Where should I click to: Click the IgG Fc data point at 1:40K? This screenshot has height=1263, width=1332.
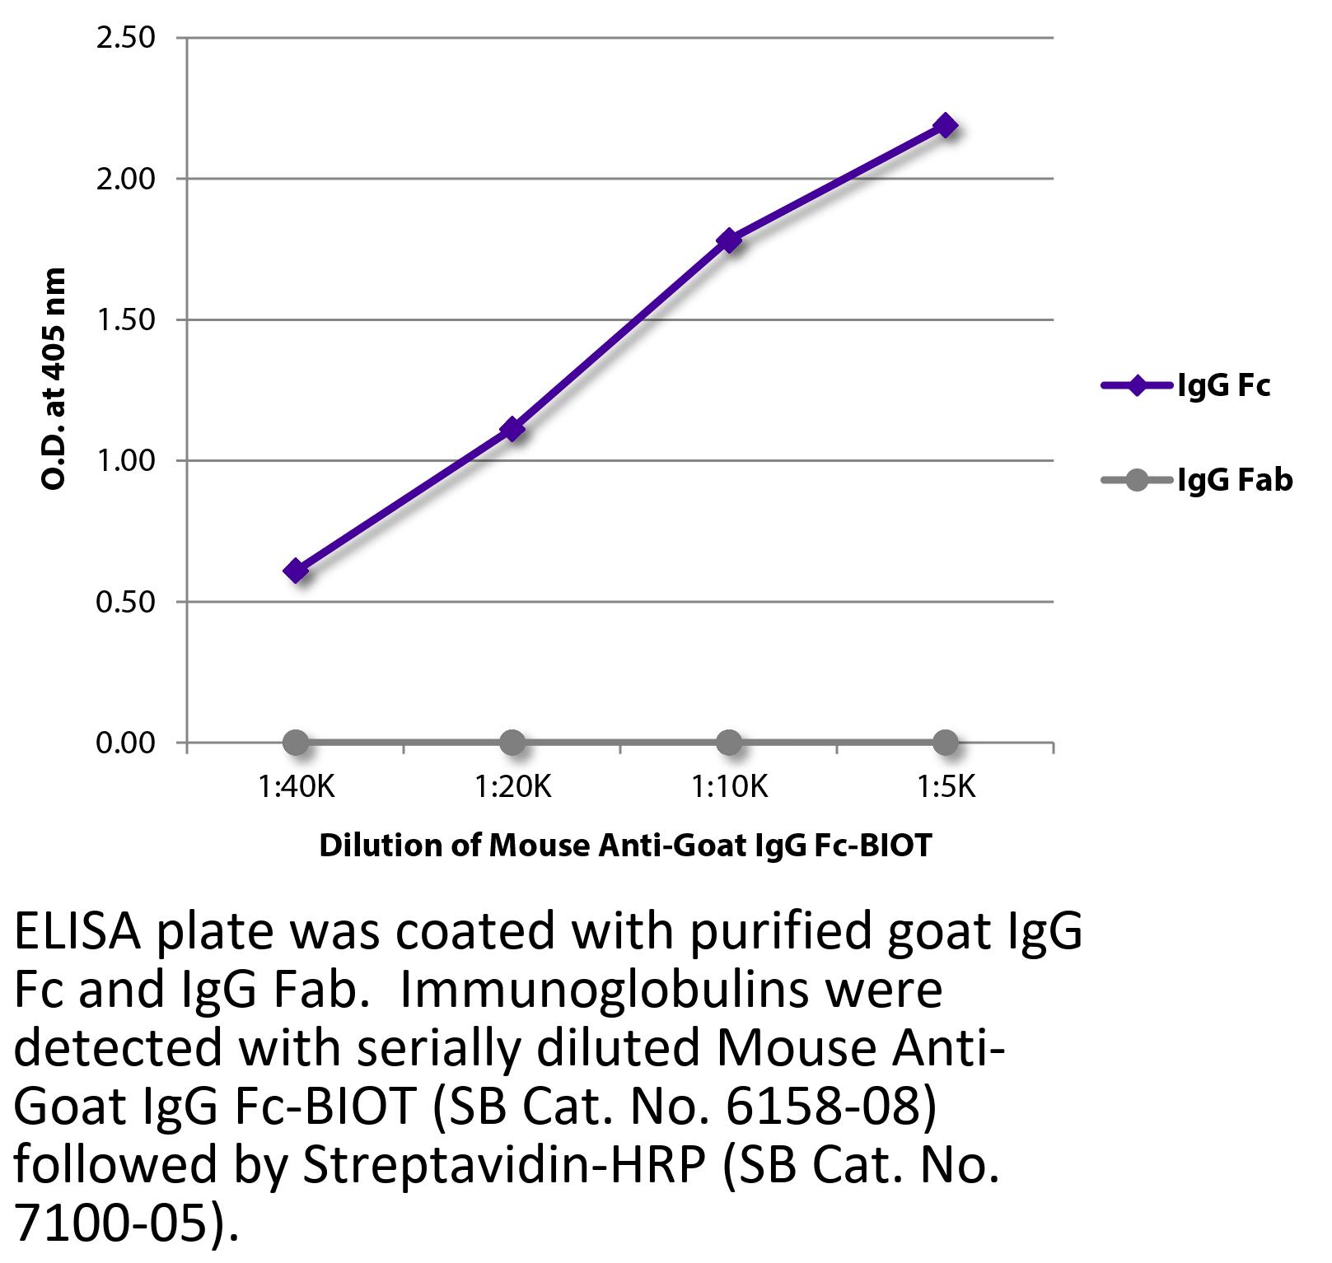pos(296,571)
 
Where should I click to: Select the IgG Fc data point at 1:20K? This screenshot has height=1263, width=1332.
pos(512,429)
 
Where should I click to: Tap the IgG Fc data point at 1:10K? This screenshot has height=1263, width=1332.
pos(729,240)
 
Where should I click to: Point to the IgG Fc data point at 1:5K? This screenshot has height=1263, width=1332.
pos(946,125)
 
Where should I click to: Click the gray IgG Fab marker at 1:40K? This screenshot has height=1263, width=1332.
pos(296,743)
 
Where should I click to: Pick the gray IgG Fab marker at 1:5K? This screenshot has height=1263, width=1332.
pos(946,743)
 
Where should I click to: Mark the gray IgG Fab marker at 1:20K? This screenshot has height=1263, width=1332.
pos(512,743)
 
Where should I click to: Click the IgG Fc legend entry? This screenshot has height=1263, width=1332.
pos(1186,385)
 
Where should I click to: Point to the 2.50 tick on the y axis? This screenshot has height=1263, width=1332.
pos(126,38)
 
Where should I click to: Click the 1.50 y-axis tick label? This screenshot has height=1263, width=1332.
pos(126,319)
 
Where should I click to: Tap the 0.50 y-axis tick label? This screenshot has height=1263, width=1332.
pos(126,602)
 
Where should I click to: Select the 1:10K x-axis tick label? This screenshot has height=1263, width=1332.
pos(729,788)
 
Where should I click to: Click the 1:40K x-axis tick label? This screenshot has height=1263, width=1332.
pos(296,788)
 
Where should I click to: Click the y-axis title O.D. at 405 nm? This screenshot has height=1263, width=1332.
pos(53,379)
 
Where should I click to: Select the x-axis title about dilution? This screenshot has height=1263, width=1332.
pos(624,846)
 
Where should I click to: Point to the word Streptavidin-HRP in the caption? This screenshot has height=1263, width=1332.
pos(503,1166)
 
